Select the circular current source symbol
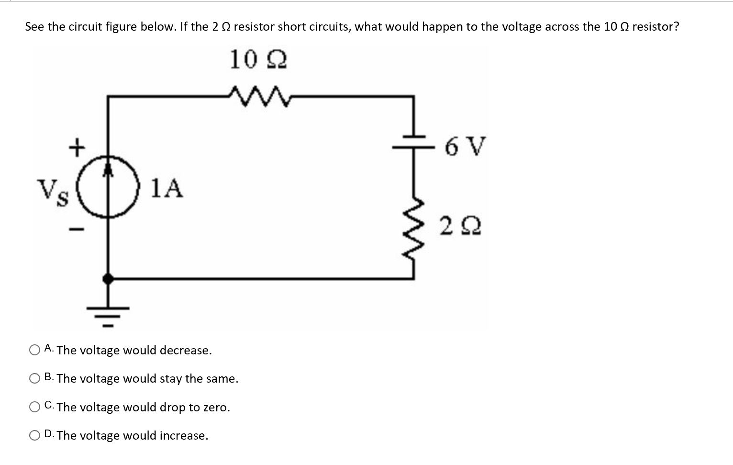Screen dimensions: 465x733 109,187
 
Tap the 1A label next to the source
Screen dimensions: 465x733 167,188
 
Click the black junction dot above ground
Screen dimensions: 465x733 109,278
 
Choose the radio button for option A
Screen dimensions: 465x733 34,351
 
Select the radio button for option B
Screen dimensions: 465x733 34,379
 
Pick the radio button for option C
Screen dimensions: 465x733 34,407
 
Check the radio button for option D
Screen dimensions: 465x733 34,435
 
